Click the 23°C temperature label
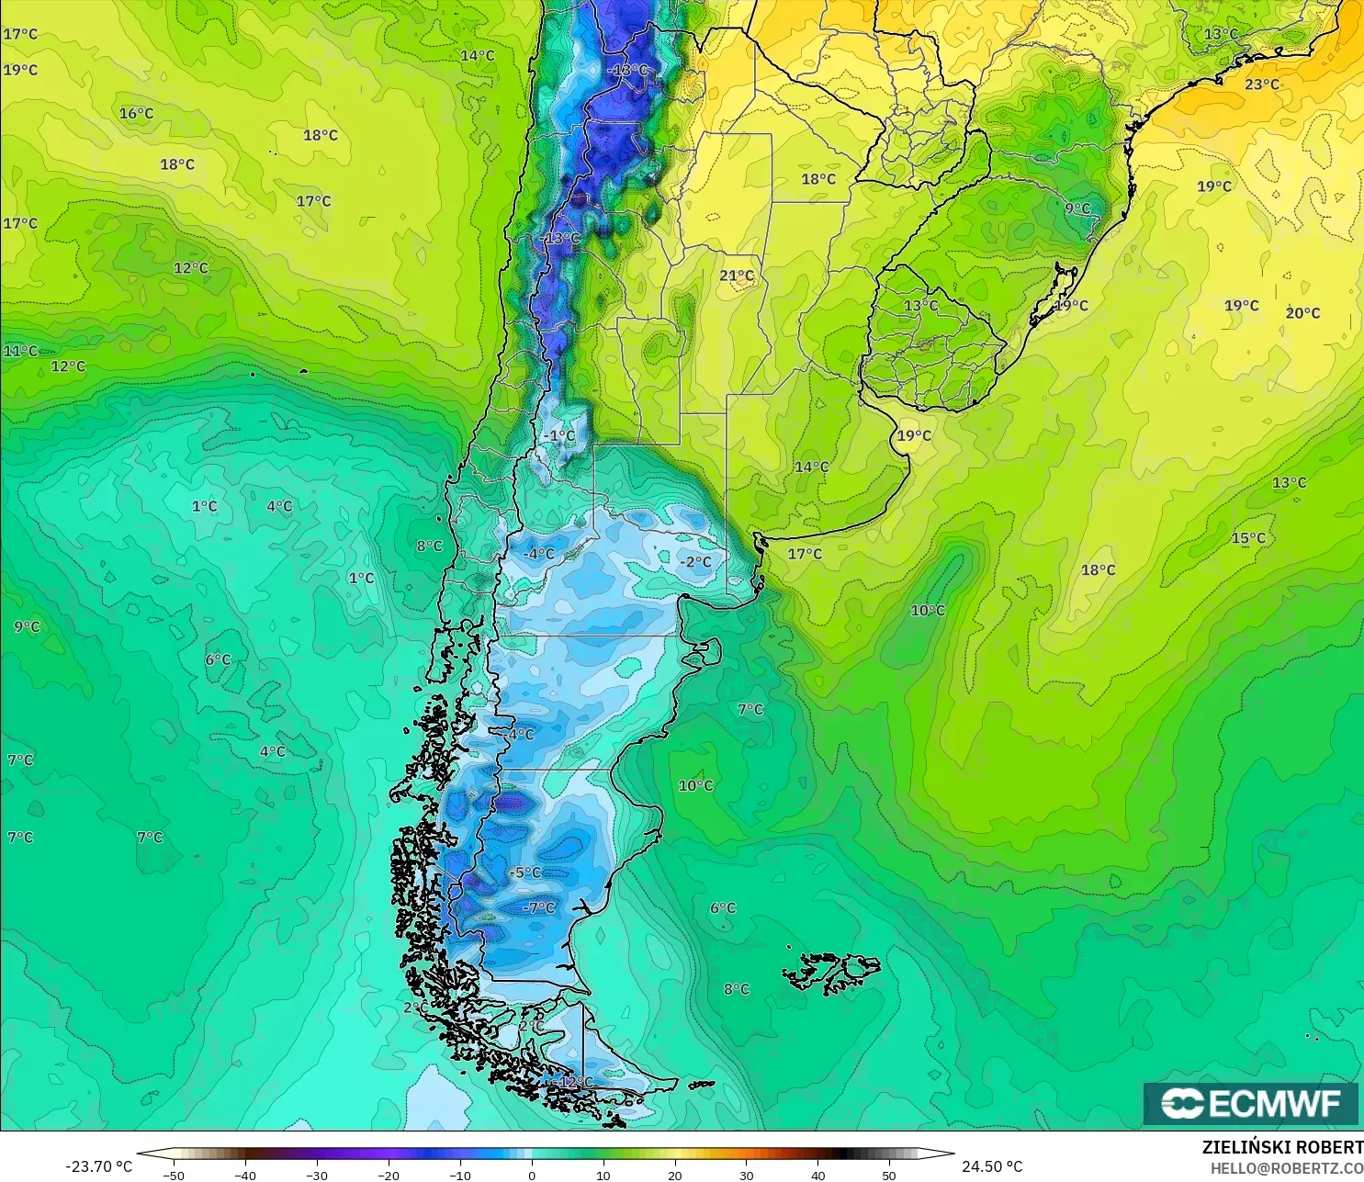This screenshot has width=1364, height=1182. pos(1262,84)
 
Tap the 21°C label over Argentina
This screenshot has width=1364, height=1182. pos(737,276)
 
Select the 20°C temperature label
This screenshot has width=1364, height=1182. pos(1302,313)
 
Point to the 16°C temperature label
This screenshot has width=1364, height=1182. pos(136,114)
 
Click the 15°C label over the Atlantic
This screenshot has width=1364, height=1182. pos(1248,538)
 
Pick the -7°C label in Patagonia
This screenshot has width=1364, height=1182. pos(539,907)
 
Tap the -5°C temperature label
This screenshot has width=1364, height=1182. pos(525,872)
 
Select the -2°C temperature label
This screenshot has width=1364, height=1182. pos(695,562)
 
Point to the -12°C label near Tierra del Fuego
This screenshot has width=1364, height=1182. pos(575,1082)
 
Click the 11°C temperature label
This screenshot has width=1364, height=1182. pos(20,351)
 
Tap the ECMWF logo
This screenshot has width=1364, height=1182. pos(1250,1103)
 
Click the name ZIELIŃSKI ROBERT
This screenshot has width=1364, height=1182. pos(1282,1147)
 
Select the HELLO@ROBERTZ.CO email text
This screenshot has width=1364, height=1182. pos(1286,1168)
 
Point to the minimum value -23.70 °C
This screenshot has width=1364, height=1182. pos(98,1166)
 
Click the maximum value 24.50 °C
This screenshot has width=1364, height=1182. pos(992,1166)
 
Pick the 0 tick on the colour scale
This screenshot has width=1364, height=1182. pos(532,1175)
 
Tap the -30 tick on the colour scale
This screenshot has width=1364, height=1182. pos(316,1175)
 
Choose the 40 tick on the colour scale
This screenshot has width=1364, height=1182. pos(817,1175)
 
